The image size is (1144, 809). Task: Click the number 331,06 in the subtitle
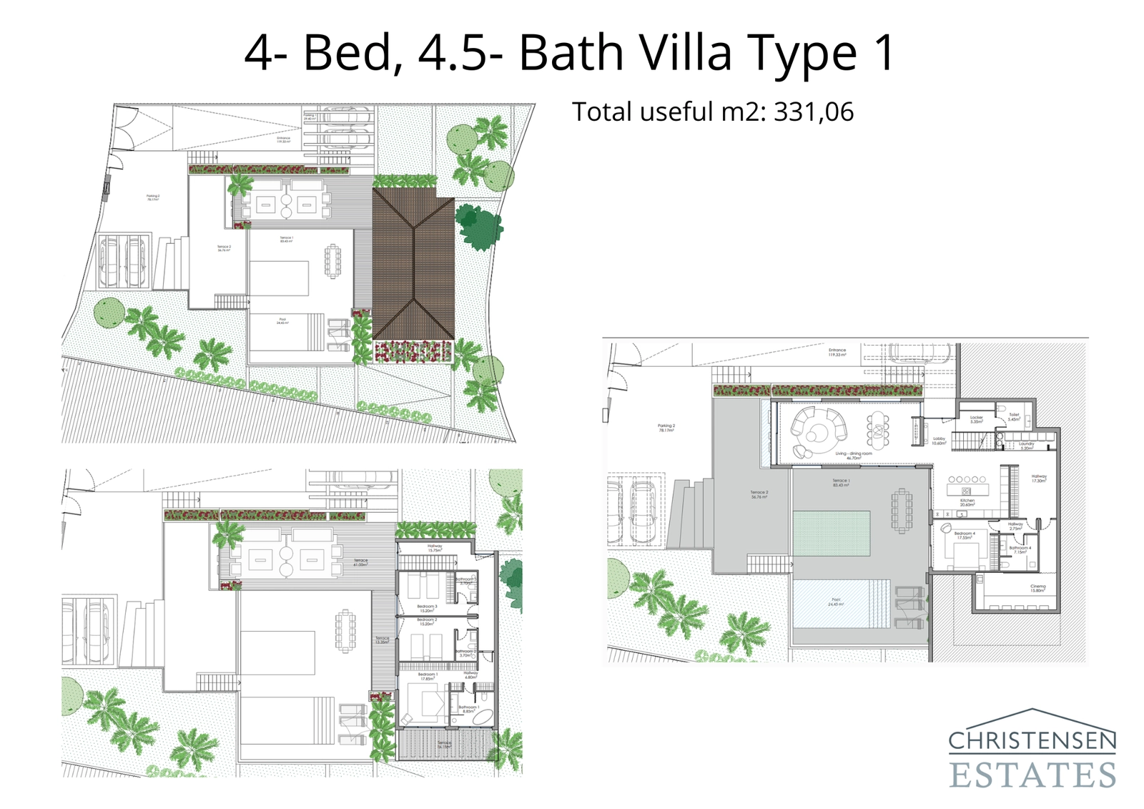[814, 112]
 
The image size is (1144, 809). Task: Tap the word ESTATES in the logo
[1032, 775]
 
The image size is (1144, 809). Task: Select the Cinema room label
[1037, 588]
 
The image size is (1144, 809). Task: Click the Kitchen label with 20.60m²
[967, 502]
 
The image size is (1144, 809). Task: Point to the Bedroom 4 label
[964, 535]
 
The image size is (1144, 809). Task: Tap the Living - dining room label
[854, 455]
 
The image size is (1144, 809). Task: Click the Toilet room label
[1014, 416]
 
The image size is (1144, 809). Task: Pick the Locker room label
[977, 418]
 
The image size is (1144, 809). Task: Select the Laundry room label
[1026, 445]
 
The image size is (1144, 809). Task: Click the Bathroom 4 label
[1020, 549]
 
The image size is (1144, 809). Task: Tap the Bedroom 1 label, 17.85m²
[427, 676]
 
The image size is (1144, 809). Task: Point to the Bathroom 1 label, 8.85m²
[468, 709]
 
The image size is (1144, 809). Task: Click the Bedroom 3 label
[427, 608]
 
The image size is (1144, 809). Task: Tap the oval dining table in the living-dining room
[878, 429]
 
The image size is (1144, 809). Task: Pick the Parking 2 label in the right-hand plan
[666, 428]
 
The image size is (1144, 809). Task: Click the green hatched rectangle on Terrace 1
[832, 533]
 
